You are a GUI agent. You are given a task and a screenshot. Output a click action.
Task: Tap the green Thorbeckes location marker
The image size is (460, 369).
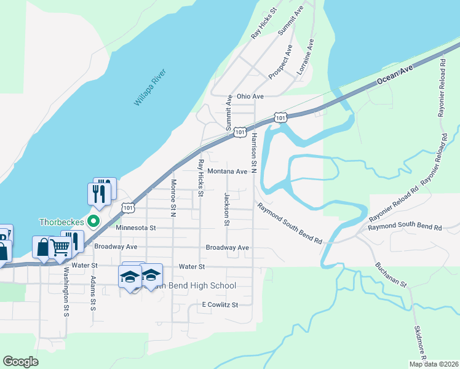pos(94,221)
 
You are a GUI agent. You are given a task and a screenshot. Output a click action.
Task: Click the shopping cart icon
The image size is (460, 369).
pos(60,247)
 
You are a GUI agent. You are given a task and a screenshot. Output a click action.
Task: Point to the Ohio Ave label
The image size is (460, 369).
pos(250,97)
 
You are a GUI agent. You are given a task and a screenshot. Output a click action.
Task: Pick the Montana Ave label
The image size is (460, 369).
pos(227,172)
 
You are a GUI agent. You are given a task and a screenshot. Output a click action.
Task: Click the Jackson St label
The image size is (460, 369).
pos(227,208)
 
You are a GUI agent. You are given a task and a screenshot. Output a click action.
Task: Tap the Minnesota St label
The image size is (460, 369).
pos(137,228)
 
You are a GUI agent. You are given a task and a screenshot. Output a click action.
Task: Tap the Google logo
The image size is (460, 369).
pos(20,362)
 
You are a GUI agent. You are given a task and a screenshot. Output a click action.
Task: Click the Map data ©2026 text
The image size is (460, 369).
pos(433,364)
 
